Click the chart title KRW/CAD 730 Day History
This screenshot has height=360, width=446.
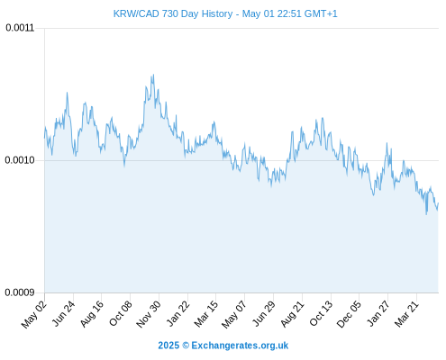point(173,13)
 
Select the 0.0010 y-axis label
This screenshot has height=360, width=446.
point(20,160)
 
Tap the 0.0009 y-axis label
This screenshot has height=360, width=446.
point(20,292)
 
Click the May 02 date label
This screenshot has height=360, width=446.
point(34,314)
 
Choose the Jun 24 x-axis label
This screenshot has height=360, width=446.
point(64,313)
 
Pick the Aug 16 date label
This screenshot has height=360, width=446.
point(92,314)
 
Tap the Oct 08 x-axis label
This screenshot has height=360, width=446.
point(121,314)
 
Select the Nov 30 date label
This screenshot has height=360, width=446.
point(149,314)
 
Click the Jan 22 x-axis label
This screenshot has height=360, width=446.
point(178,313)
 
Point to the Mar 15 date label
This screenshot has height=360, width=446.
point(206,314)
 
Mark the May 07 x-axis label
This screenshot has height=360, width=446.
point(234,314)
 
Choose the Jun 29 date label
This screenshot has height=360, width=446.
point(264,313)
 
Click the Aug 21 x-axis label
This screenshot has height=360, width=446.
point(293,314)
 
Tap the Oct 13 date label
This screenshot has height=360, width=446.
point(321,313)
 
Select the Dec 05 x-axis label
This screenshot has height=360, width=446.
point(349,314)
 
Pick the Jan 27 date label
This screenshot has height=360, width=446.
point(378,313)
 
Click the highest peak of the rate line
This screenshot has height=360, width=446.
point(153,75)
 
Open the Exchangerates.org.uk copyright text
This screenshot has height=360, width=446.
point(223,346)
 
